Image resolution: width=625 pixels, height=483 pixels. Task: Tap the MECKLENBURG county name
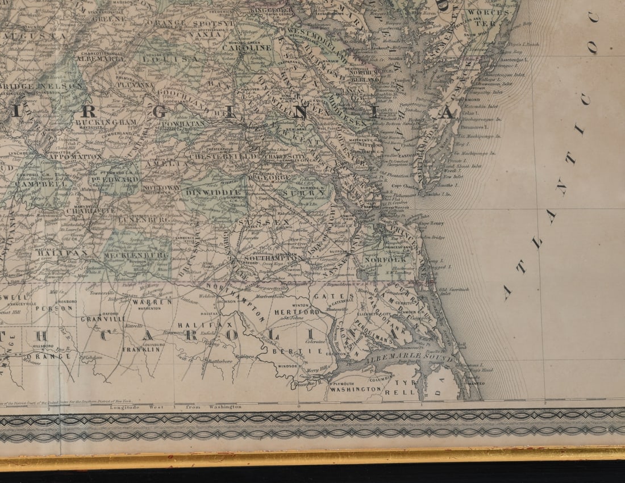click(x=136, y=256)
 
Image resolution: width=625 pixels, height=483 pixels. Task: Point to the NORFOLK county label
click(x=391, y=260)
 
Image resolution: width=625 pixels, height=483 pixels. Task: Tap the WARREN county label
click(x=152, y=302)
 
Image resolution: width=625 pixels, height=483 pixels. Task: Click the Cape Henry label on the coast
click(x=430, y=223)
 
